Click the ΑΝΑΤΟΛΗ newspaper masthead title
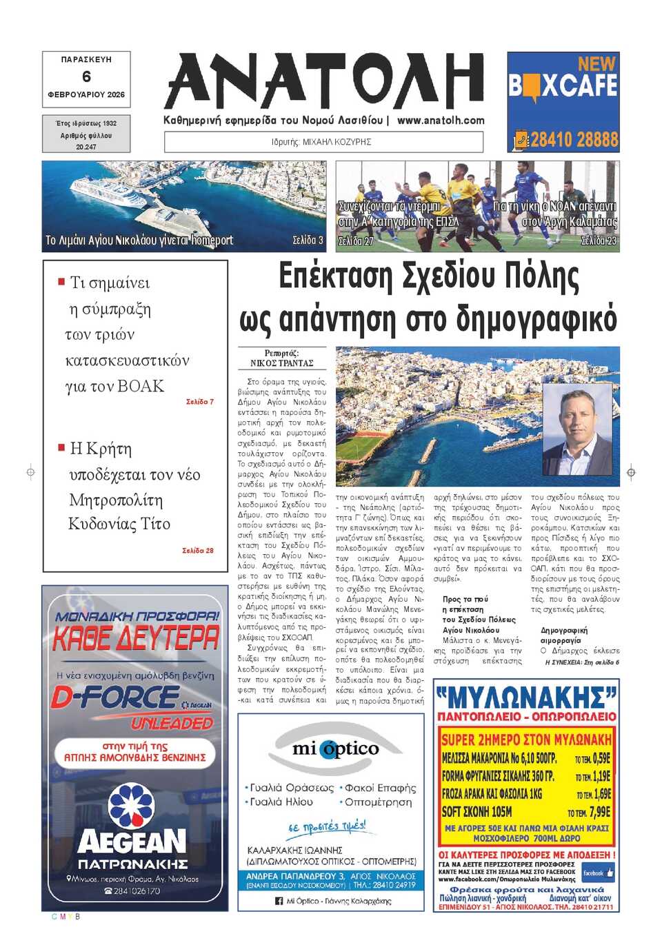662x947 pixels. tap(324, 81)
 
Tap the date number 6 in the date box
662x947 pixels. tap(86, 77)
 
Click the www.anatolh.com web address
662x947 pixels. tap(441, 120)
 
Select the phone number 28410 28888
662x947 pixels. tap(574, 140)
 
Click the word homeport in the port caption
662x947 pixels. tap(212, 240)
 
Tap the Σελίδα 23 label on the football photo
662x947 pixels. tap(599, 240)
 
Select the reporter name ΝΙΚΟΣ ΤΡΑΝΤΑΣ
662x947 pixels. tap(281, 363)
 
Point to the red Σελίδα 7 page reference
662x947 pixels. tap(200, 401)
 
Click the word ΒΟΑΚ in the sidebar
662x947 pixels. tap(141, 386)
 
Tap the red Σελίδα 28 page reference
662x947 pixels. tap(198, 551)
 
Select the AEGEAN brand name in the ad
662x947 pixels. tap(132, 842)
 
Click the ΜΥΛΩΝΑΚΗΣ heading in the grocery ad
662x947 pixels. tap(525, 697)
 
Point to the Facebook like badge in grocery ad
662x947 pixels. tap(597, 873)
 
